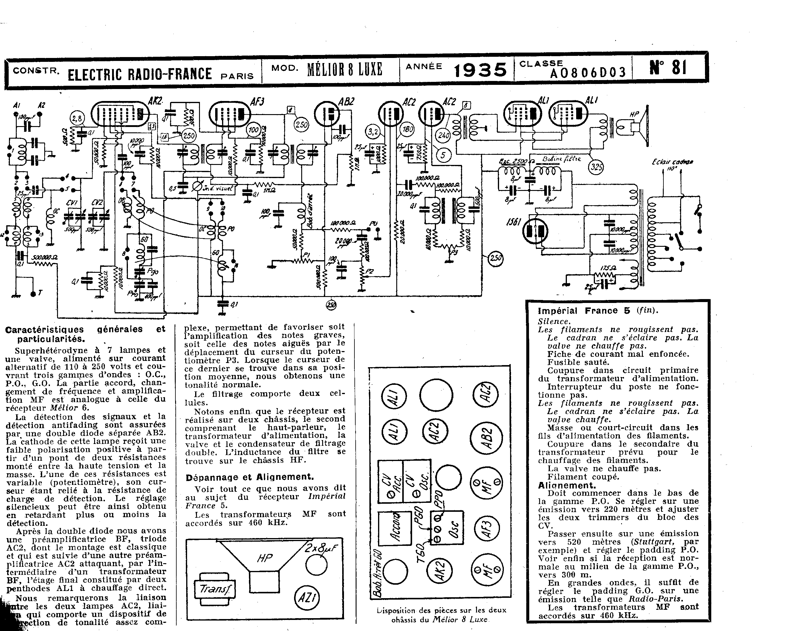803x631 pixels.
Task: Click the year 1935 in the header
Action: (x=480, y=70)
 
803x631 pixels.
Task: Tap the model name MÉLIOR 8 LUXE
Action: (x=344, y=69)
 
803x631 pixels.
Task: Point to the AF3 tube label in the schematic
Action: (x=257, y=101)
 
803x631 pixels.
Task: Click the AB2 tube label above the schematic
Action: (x=347, y=102)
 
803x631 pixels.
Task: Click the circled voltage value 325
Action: (x=596, y=167)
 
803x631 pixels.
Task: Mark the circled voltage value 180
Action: (x=408, y=130)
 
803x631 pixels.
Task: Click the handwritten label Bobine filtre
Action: (x=561, y=159)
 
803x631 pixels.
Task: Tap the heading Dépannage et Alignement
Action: (x=250, y=477)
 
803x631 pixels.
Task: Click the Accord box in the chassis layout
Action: (x=395, y=528)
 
